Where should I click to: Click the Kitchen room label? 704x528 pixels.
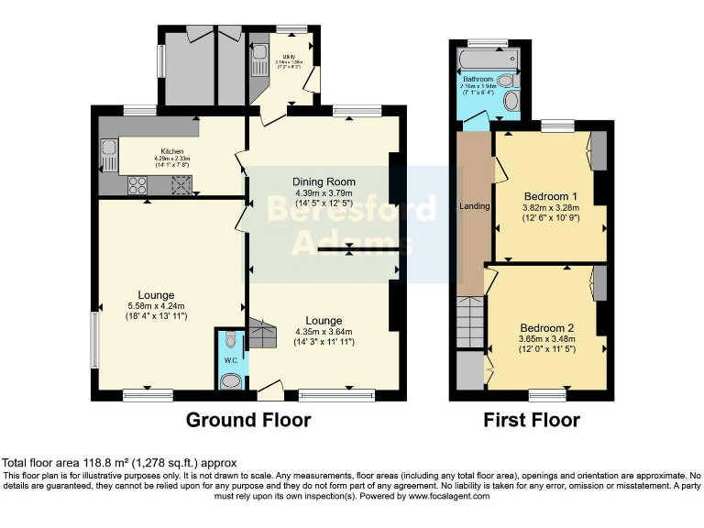click(x=171, y=151)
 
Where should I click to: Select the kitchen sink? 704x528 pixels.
click(x=109, y=152)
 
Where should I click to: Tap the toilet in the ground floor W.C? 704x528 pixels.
click(x=231, y=342)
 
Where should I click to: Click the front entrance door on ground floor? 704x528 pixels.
click(x=269, y=393)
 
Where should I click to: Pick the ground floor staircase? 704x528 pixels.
click(x=261, y=335)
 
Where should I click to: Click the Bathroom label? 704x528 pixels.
click(x=478, y=80)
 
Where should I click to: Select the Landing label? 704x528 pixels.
click(x=474, y=206)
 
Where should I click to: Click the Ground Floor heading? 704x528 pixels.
click(x=248, y=421)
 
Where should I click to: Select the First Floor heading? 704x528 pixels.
click(x=532, y=421)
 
